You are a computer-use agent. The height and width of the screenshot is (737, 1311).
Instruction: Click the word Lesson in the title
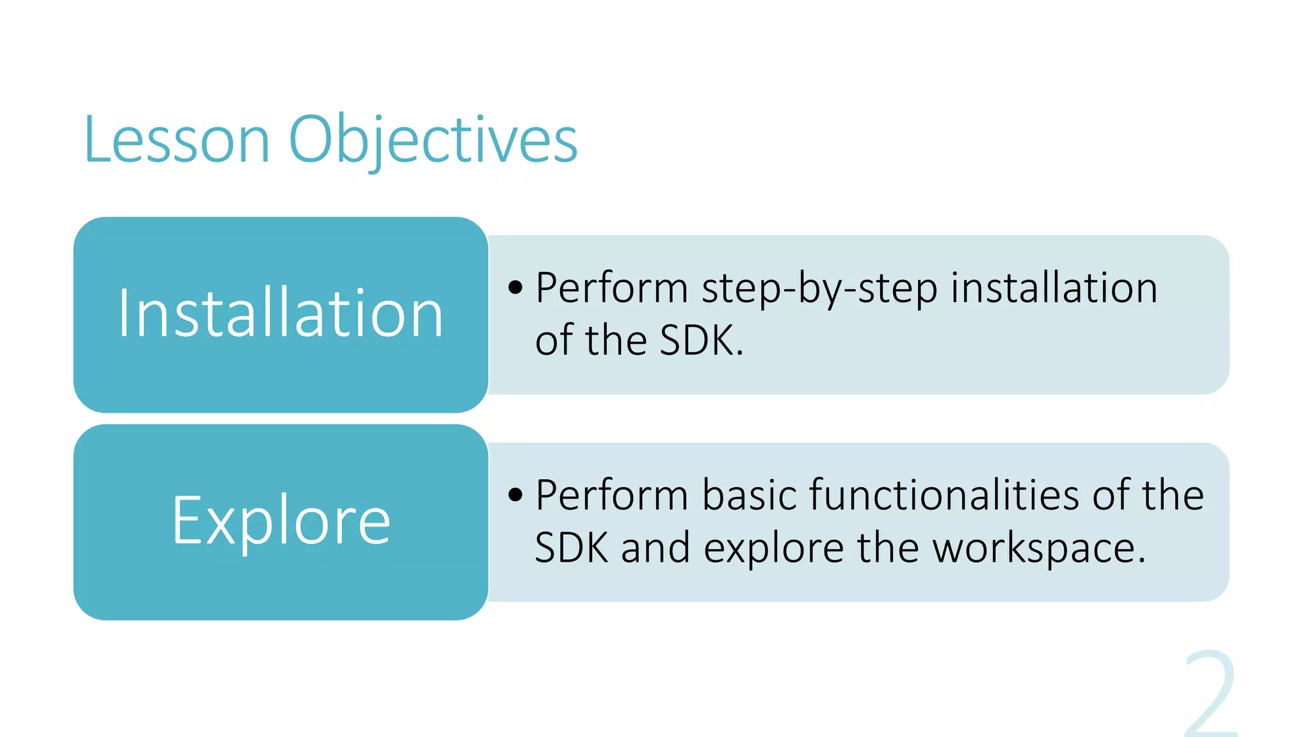[x=177, y=139]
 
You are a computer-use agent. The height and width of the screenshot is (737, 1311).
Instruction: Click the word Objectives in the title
[x=433, y=139]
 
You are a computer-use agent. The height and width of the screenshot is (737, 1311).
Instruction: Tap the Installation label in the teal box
[x=280, y=313]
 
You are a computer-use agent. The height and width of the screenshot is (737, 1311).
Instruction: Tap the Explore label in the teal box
[x=280, y=521]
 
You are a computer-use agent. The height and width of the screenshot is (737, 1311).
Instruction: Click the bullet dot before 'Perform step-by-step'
[x=515, y=287]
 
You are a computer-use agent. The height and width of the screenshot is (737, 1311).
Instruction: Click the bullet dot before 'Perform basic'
[x=515, y=495]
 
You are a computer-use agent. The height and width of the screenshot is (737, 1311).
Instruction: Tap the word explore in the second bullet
[x=773, y=549]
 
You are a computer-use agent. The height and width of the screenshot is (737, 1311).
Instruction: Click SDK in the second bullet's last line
[x=571, y=548]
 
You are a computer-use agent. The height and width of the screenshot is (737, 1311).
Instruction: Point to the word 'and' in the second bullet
[x=655, y=548]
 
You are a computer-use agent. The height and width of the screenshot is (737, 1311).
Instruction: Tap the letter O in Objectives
[x=312, y=139]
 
